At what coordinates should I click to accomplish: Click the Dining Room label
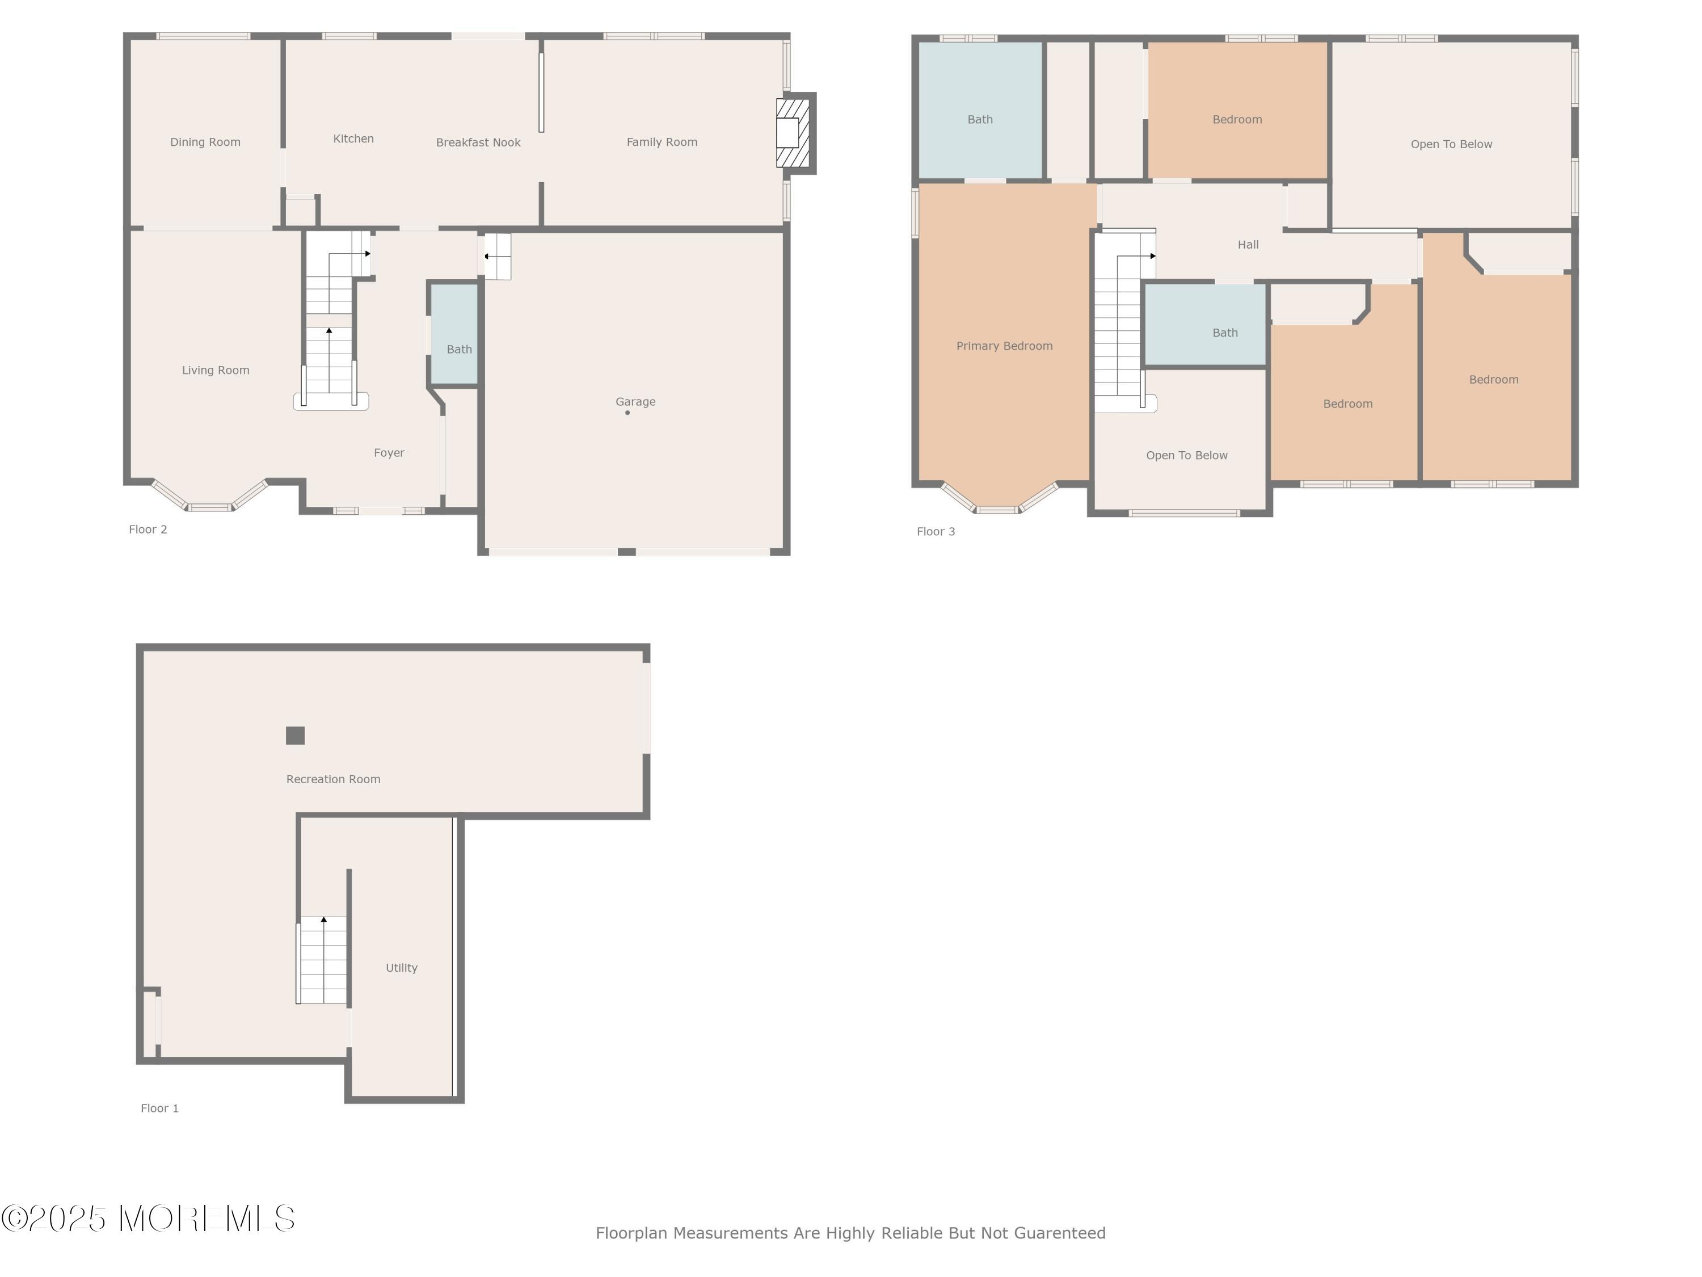205,142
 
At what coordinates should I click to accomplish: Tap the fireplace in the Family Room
792,133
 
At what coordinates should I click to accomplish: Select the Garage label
635,402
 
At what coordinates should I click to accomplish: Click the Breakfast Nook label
478,142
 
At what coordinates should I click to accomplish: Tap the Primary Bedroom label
1004,346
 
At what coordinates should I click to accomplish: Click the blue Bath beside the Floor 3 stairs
1205,325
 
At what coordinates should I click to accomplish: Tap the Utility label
401,968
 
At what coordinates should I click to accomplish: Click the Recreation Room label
333,780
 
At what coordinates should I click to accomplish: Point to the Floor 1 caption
159,1108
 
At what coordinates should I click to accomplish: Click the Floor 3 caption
935,532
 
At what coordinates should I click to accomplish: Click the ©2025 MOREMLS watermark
148,1219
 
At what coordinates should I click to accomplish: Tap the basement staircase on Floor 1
323,960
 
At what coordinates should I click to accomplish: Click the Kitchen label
353,139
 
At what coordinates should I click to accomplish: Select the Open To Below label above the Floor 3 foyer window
1186,456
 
